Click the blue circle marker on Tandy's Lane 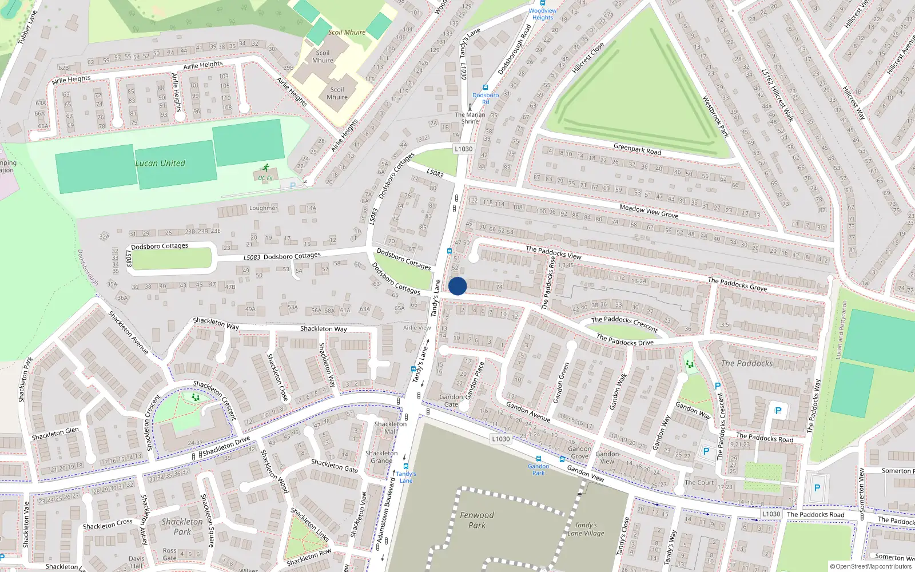457,286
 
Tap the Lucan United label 160,163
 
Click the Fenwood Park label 477,520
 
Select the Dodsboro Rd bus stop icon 486,88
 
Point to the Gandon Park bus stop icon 538,459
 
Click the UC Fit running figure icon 265,168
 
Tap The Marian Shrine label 470,118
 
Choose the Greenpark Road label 637,149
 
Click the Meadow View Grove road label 649,211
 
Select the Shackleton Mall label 391,427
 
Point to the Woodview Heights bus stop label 542,14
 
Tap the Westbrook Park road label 715,117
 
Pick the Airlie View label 417,328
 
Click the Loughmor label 263,208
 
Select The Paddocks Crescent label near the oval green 624,324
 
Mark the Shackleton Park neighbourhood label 182,526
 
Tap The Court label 699,482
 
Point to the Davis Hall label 136,562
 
